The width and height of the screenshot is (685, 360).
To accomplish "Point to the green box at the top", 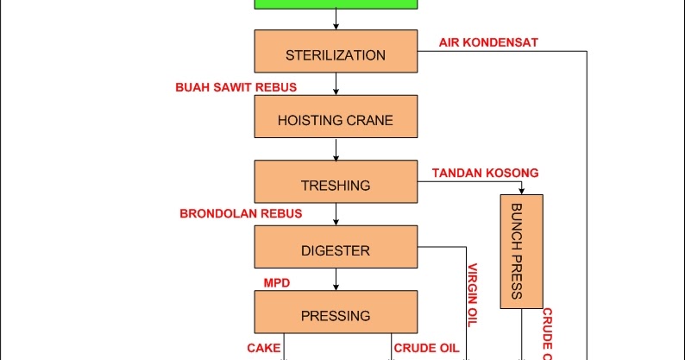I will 336,3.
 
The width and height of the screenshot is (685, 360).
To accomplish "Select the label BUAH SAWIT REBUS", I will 236,87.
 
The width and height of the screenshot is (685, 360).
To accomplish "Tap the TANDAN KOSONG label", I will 485,173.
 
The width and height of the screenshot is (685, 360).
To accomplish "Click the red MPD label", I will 275,282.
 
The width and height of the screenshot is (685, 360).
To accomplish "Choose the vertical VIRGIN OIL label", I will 472,294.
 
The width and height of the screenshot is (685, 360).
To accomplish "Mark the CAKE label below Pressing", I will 263,348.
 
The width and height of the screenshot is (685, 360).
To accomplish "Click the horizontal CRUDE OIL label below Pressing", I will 426,348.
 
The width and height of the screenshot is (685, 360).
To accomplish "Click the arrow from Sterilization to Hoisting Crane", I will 336,85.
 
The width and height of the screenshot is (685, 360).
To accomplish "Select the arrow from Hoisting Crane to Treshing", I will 336,149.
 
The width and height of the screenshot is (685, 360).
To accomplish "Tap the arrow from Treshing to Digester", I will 336,215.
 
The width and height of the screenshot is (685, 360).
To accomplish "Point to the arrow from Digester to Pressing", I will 336,280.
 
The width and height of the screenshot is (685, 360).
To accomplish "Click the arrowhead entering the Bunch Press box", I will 521,190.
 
